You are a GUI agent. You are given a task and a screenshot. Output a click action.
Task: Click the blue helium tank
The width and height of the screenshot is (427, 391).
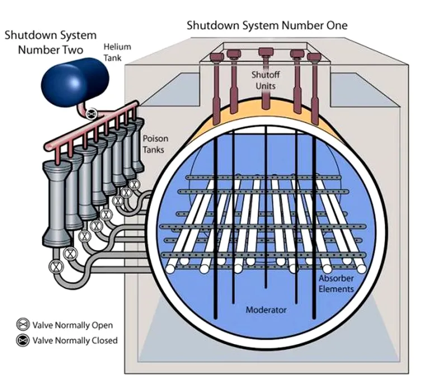coord(62,82)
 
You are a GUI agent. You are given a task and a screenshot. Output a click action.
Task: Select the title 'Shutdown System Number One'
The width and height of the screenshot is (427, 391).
coord(267,26)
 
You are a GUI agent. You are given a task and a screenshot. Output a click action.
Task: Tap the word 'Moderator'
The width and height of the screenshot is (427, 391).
coord(266,309)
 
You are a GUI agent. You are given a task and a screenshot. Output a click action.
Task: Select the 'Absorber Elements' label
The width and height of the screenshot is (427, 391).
coord(336,284)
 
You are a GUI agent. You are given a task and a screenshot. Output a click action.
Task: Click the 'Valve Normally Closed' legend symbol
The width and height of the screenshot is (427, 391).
coord(23,340)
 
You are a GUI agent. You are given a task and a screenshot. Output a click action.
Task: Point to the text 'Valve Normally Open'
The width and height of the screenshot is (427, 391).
coord(73,325)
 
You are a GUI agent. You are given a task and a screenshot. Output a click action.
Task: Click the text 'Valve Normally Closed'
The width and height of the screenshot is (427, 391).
coord(75,340)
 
